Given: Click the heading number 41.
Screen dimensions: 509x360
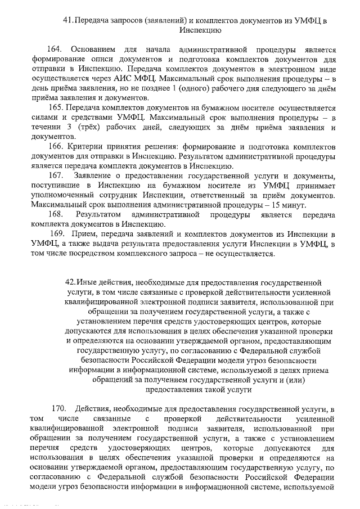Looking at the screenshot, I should click(x=67, y=21).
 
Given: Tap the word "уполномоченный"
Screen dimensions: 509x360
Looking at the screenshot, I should click(x=61, y=196).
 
